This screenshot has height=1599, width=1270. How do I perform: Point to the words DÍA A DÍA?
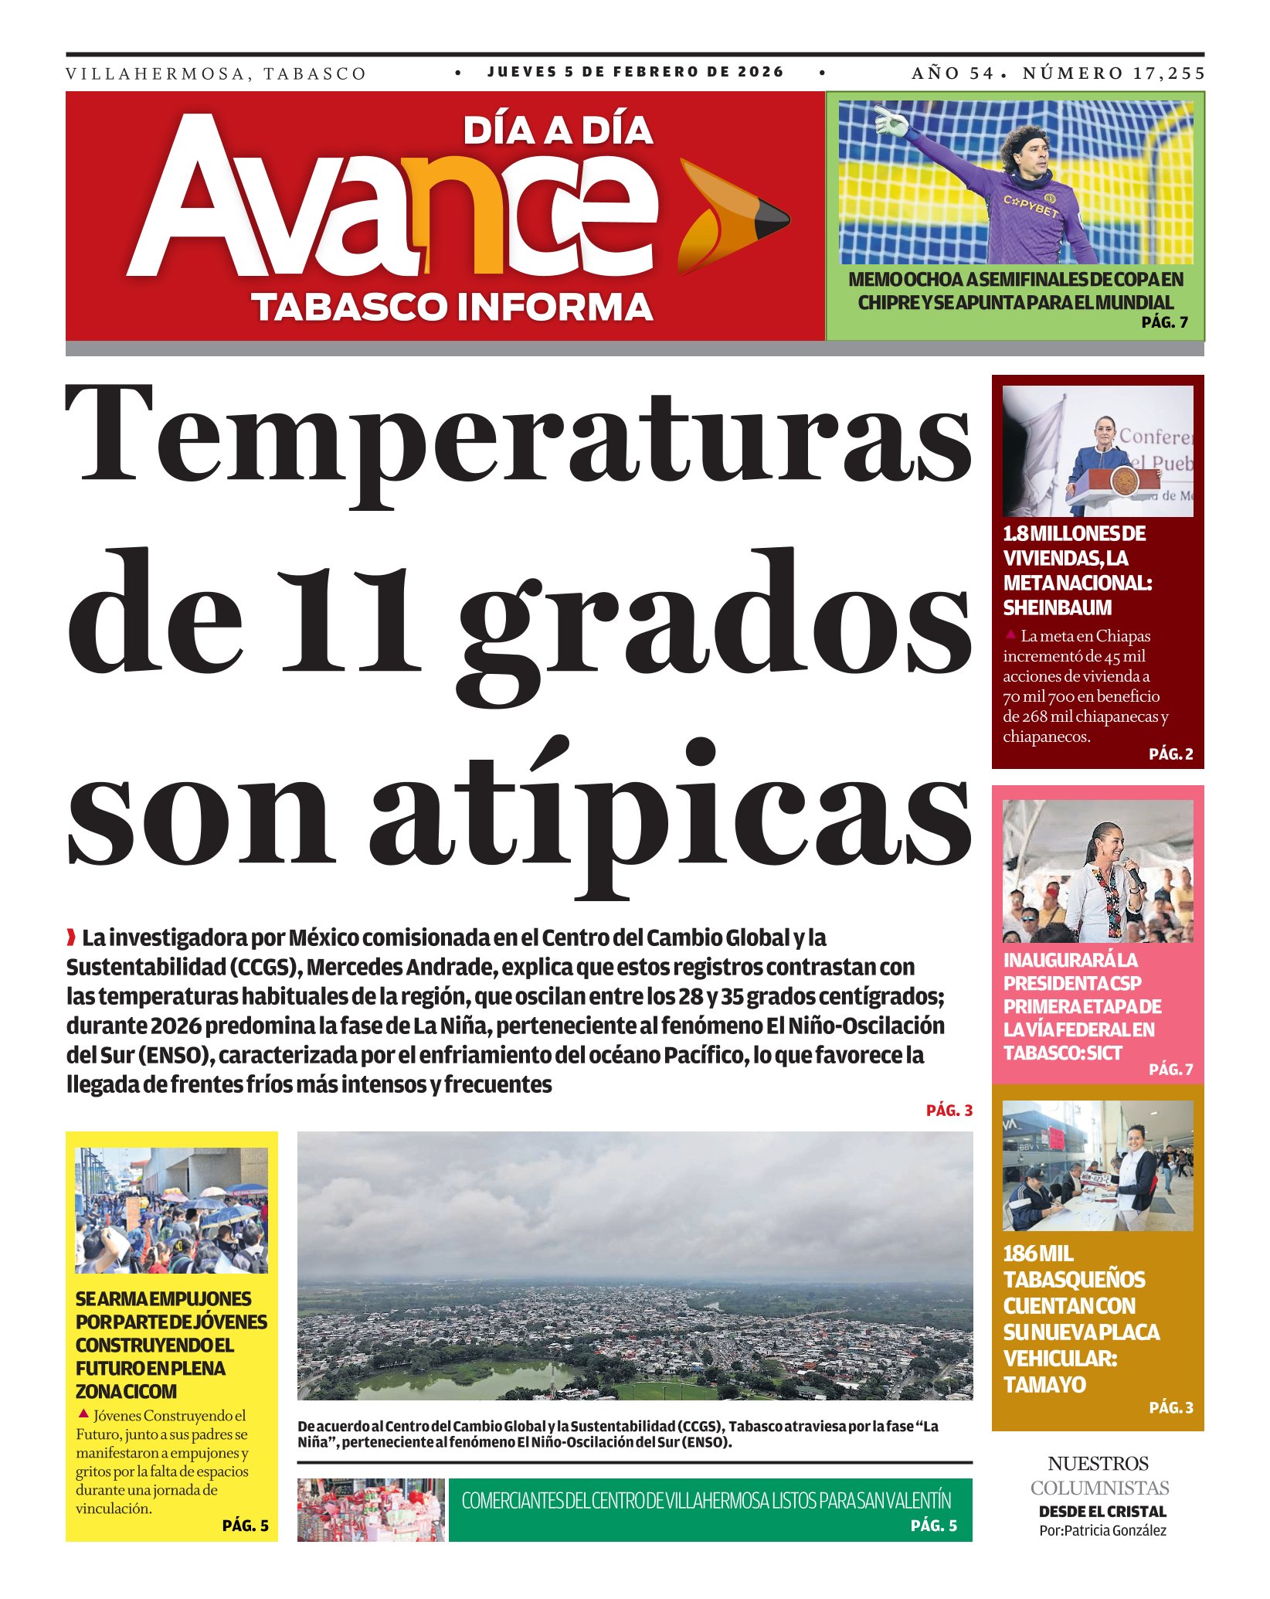click(x=558, y=131)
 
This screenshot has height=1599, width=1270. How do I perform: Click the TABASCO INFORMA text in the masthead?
click(x=452, y=307)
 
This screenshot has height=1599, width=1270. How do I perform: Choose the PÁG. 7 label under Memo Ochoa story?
click(x=1164, y=322)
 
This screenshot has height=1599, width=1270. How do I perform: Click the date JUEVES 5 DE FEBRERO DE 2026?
click(x=635, y=72)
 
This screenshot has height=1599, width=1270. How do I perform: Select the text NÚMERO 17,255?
click(x=1113, y=73)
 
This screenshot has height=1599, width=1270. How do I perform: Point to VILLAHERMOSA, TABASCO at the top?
click(x=216, y=74)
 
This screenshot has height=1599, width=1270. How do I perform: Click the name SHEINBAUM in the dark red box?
click(x=1057, y=608)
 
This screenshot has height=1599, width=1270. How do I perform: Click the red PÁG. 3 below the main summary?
click(x=949, y=1111)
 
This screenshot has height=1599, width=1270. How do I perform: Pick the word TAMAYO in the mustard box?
click(x=1044, y=1385)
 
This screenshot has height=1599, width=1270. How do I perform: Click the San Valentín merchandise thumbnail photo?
click(x=371, y=1509)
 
